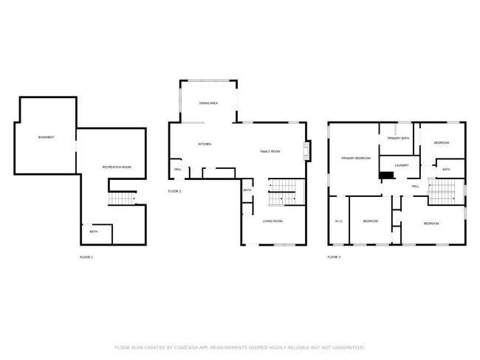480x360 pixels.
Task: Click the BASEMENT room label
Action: point(46,137)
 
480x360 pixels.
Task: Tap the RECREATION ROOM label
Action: point(116,167)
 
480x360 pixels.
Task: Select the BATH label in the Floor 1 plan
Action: point(94,232)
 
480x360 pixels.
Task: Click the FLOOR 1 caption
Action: point(86,257)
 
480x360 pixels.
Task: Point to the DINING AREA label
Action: point(208,103)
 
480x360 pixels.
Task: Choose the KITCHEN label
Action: point(205,144)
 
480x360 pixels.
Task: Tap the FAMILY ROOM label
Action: point(270,151)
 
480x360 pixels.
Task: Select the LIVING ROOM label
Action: point(273,221)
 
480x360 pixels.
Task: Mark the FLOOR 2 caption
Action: point(174,191)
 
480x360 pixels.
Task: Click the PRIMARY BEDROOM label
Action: point(355,158)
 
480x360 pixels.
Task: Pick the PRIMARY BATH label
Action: point(398,138)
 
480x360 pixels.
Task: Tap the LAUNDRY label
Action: point(402,165)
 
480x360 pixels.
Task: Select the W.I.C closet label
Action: point(338,221)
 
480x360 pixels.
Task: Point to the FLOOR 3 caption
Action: point(334,257)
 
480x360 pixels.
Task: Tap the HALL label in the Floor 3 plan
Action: point(415,186)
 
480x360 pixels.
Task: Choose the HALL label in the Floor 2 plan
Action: point(178,169)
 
